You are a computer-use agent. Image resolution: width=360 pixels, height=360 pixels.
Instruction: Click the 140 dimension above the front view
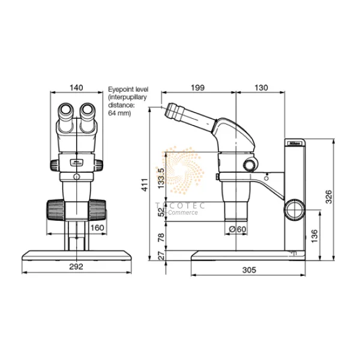(x=76, y=88)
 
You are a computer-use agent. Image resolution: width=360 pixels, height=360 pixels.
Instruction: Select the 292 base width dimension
(x=76, y=266)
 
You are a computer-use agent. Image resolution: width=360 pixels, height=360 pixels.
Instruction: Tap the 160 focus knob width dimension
(x=97, y=227)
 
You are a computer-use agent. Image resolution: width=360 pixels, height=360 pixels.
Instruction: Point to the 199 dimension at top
(x=197, y=88)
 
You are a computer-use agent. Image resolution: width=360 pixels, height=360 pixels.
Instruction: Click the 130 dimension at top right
(x=262, y=88)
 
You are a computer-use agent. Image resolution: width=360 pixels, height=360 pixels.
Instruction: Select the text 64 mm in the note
(x=119, y=113)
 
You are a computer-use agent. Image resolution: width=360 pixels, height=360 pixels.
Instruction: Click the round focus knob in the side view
(x=294, y=209)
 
